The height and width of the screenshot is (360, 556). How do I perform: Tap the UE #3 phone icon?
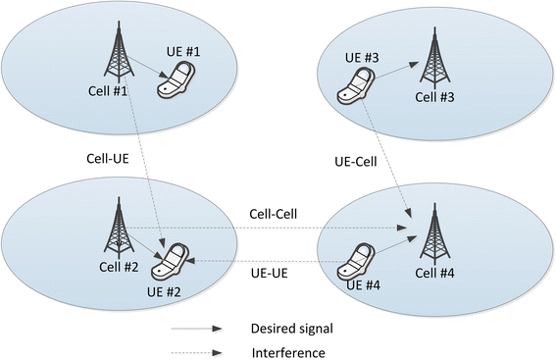pyautogui.click(x=355, y=86)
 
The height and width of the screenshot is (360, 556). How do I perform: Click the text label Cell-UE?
pyautogui.click(x=103, y=157)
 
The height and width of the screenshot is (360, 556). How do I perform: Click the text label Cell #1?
pyautogui.click(x=106, y=93)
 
